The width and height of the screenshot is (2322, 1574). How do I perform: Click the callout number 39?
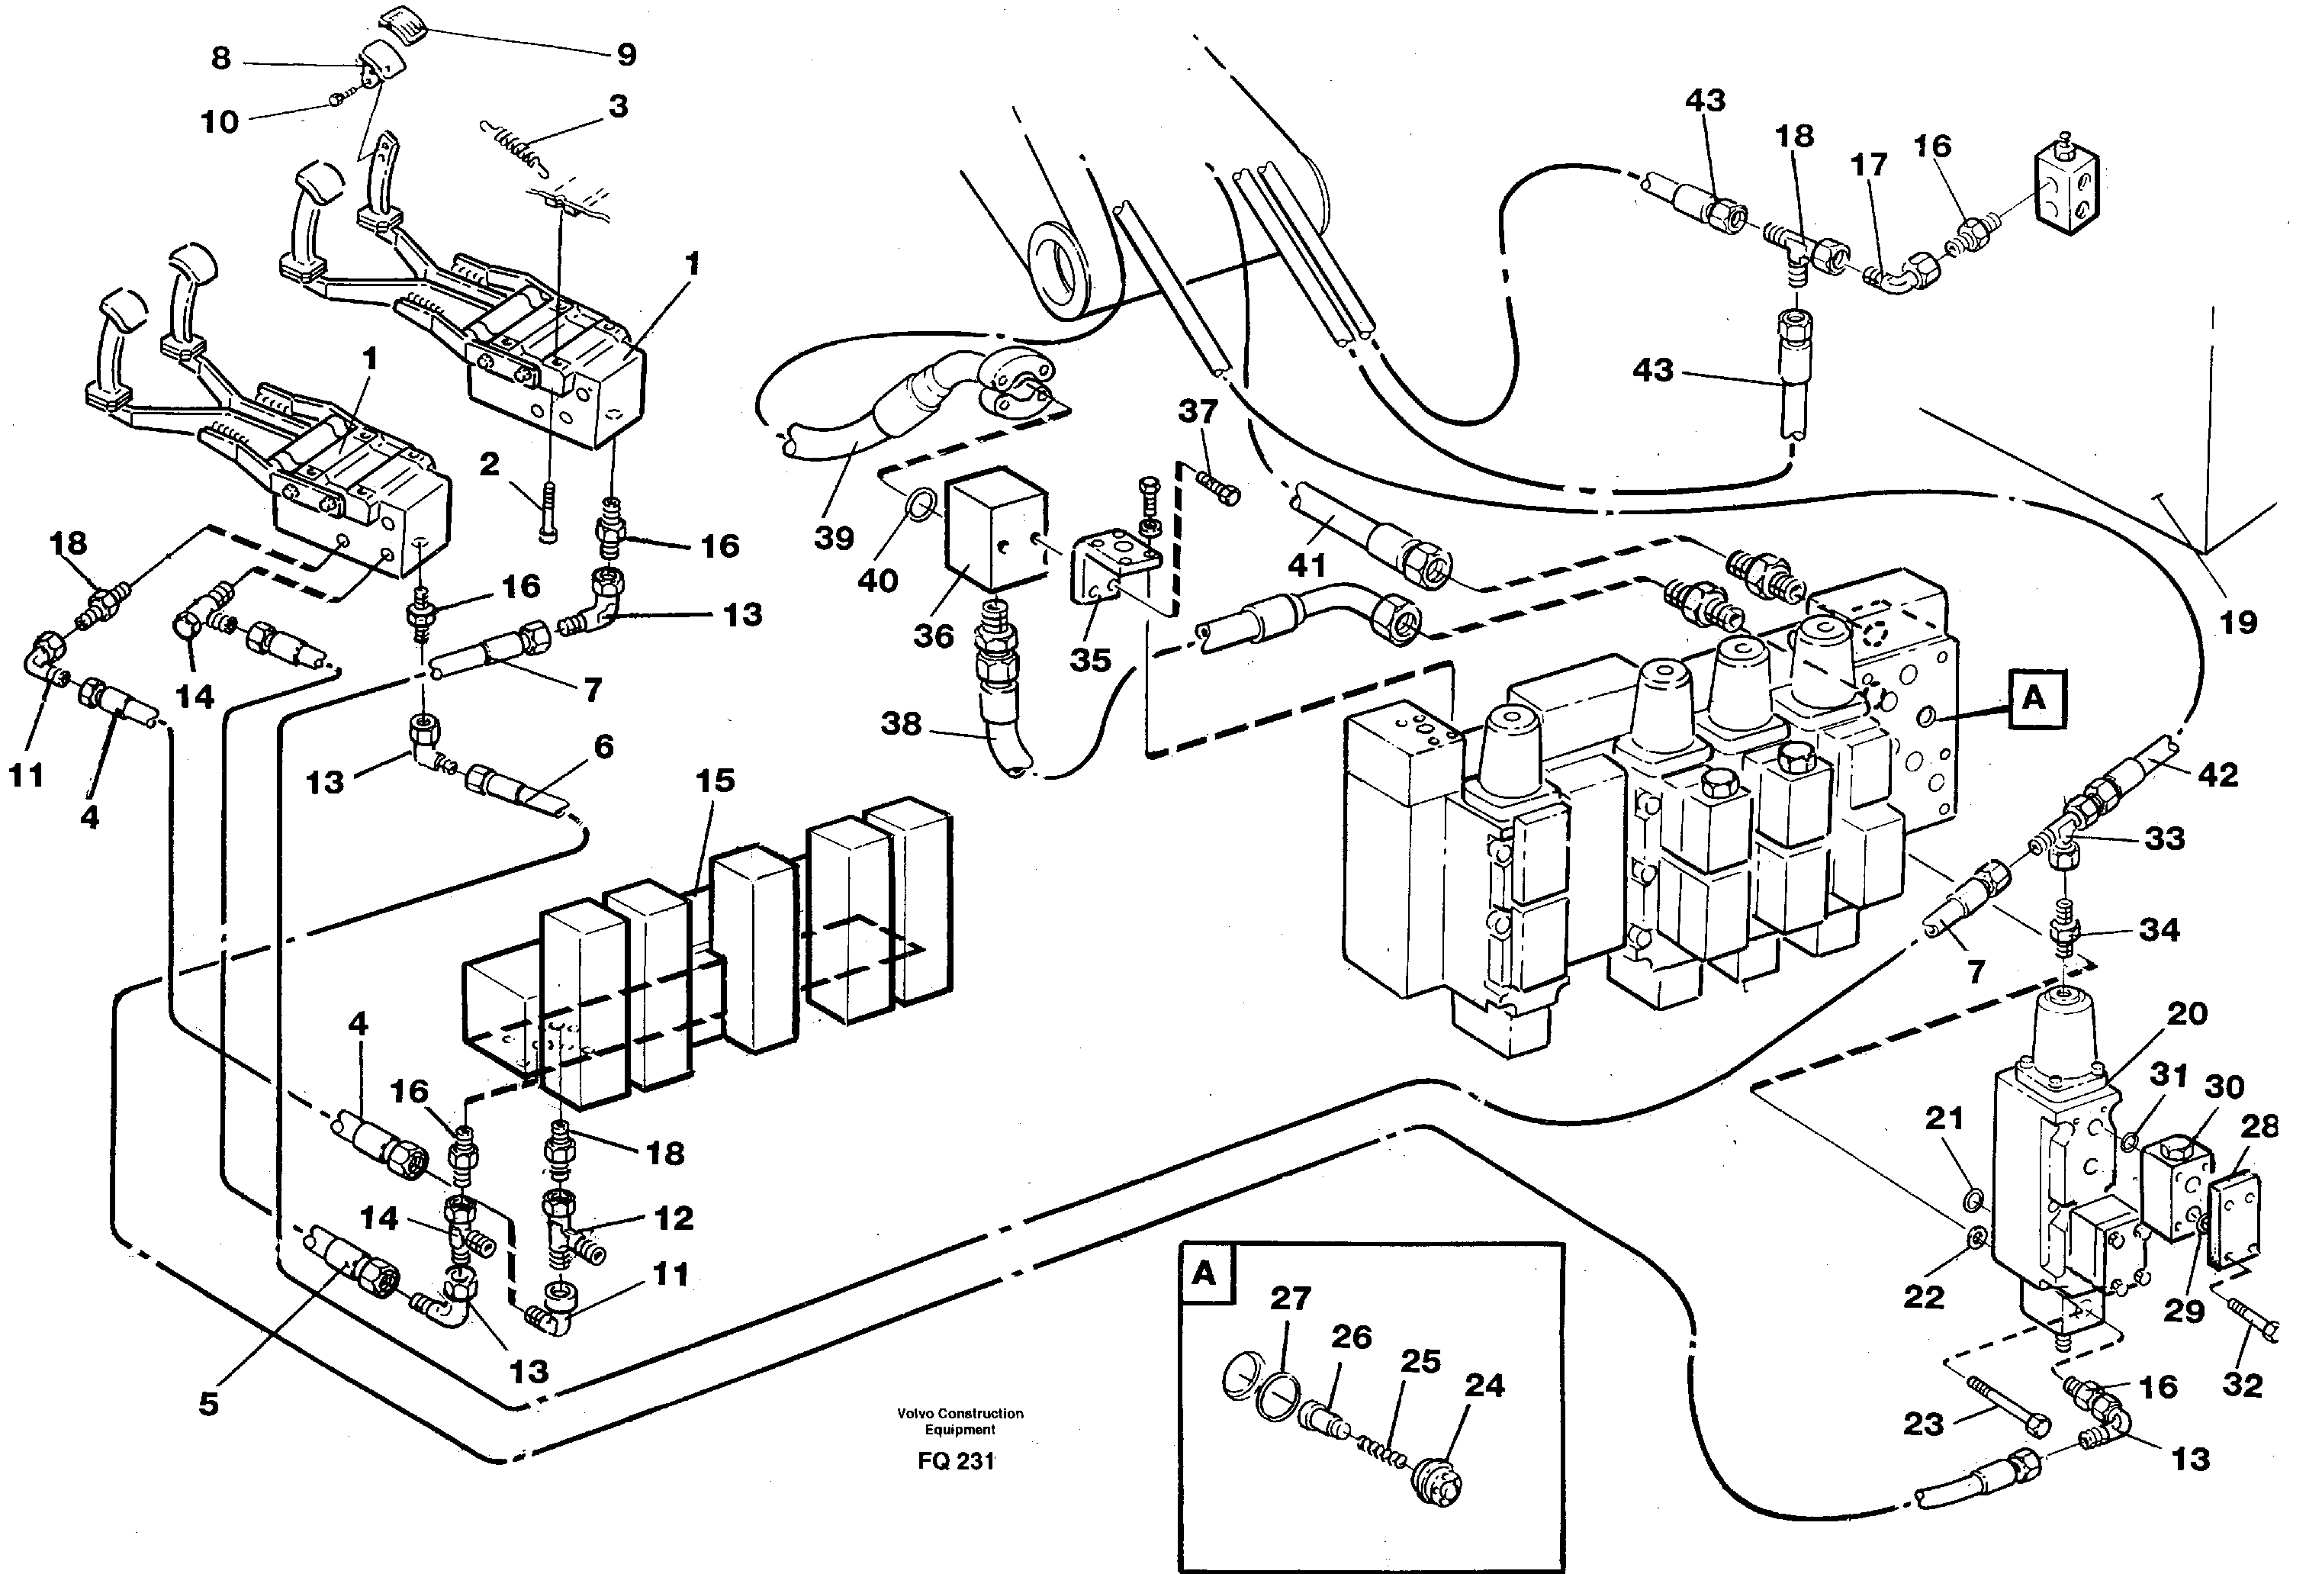pyautogui.click(x=833, y=538)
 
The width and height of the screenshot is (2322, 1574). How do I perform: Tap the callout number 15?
pyautogui.click(x=716, y=781)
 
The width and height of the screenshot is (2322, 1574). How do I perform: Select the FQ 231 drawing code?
pyautogui.click(x=956, y=1461)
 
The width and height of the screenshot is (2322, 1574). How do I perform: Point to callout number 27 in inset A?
pyautogui.click(x=1290, y=1298)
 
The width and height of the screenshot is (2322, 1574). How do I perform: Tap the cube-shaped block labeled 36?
pyautogui.click(x=993, y=529)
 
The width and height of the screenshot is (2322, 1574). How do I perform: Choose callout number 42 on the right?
pyautogui.click(x=2218, y=774)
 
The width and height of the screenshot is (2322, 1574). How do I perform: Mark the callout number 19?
pyautogui.click(x=2238, y=623)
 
